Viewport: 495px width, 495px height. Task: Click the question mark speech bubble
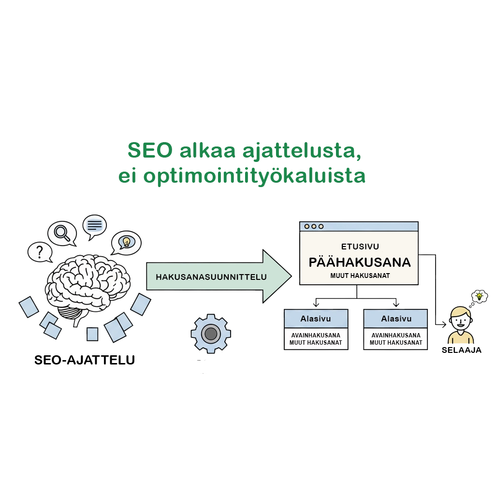point(40,251)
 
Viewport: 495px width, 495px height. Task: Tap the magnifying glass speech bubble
point(62,233)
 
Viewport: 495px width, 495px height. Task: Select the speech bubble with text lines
point(95,225)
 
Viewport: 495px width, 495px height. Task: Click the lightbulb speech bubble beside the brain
point(126,241)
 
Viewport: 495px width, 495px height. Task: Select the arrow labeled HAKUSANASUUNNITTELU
point(218,277)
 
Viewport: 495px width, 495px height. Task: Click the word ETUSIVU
point(360,247)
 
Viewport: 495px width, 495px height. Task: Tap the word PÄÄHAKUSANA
point(360,262)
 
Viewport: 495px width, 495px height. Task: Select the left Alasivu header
point(316,319)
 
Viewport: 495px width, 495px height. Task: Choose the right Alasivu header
point(396,319)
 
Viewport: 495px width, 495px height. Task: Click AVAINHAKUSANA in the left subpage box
point(316,335)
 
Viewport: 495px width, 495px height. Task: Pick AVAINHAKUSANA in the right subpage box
point(396,335)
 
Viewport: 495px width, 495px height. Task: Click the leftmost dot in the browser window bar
point(306,226)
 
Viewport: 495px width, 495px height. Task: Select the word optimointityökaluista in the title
point(255,177)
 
